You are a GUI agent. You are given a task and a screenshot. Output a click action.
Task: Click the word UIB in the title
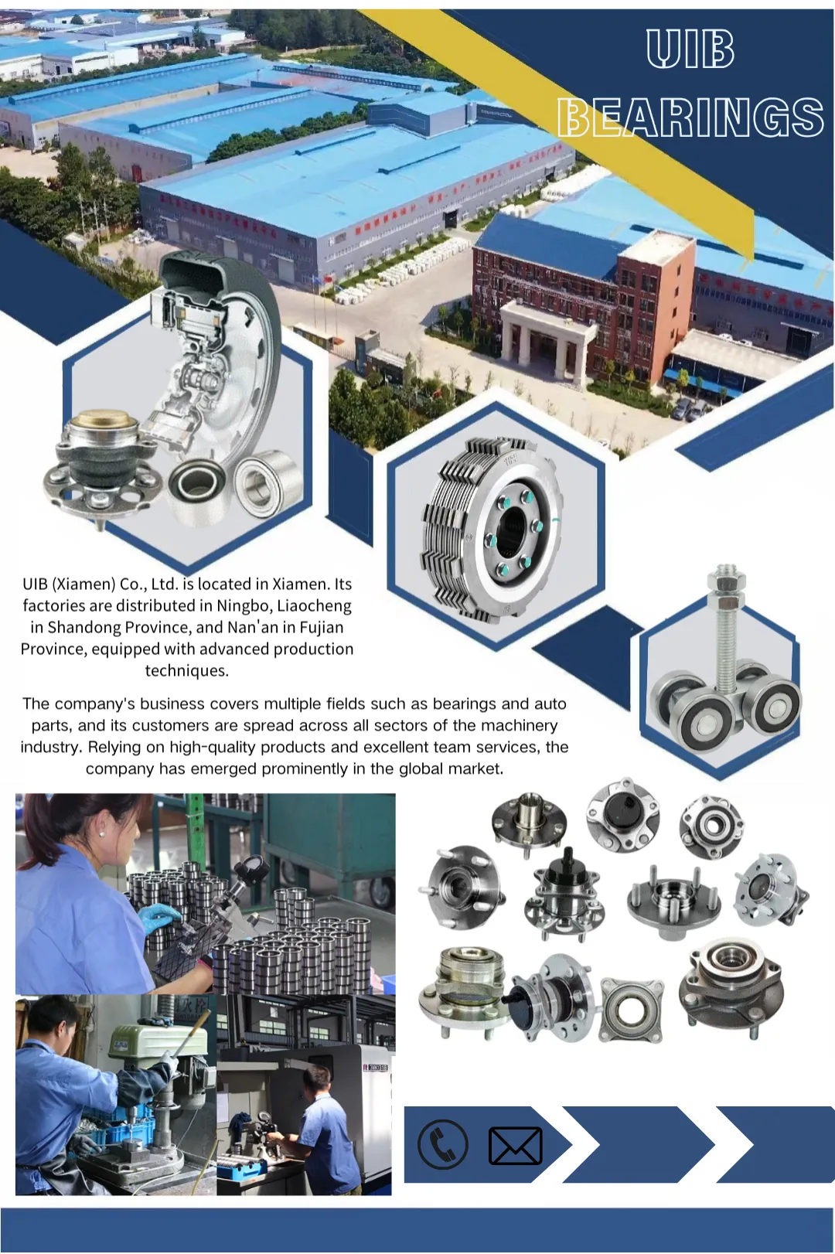click(690, 49)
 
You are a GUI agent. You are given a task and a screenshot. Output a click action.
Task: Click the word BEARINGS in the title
click(690, 117)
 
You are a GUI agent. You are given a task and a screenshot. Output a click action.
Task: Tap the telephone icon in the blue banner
click(442, 1143)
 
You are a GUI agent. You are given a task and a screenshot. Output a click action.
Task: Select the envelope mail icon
click(515, 1146)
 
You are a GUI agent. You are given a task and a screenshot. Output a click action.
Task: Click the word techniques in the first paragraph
click(186, 670)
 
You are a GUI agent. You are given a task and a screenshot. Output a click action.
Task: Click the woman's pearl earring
click(104, 835)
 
